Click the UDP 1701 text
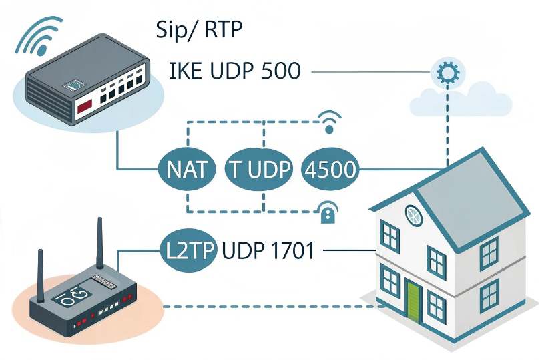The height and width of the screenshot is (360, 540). click(x=268, y=251)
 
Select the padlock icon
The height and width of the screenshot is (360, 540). click(x=327, y=214)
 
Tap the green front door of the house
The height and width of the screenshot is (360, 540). click(x=413, y=300)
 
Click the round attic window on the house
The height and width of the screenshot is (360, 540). click(x=415, y=215)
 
